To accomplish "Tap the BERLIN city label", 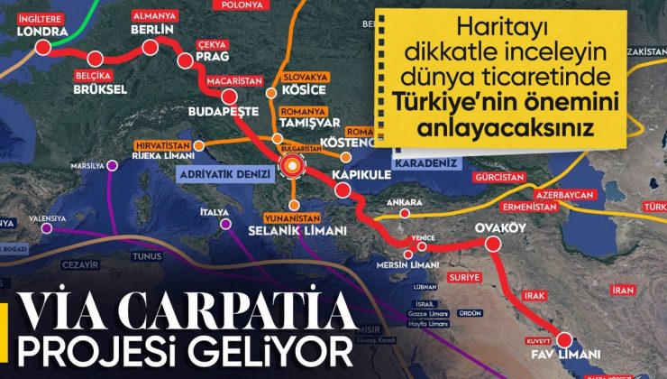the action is [x=151, y=30].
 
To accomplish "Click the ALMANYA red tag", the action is [x=154, y=15].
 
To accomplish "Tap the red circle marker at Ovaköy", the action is [x=493, y=244].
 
